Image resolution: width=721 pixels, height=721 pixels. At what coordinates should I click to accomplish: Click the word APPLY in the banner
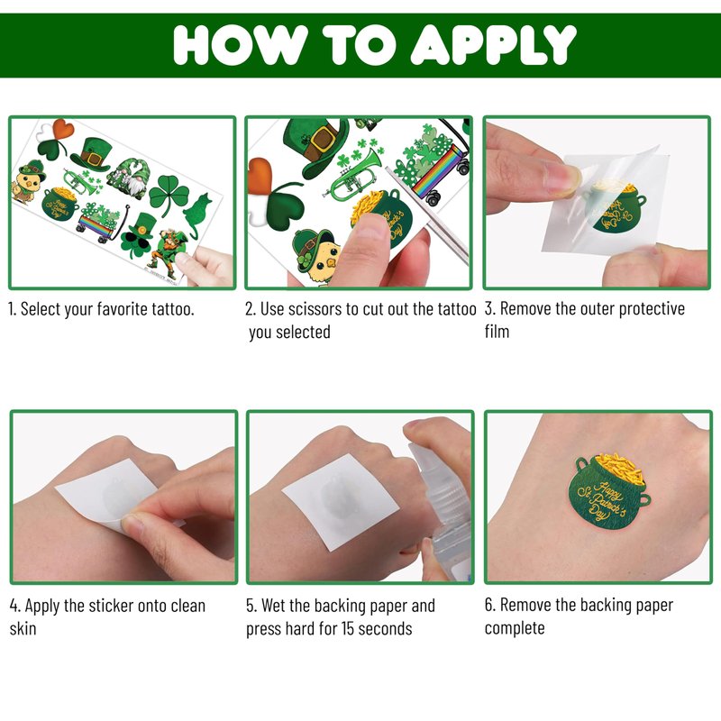[493, 44]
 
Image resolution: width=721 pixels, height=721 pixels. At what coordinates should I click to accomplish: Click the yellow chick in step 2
[316, 256]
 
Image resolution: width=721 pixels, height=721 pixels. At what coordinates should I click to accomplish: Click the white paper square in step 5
[341, 502]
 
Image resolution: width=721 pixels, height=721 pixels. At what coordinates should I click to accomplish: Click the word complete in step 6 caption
[515, 628]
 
